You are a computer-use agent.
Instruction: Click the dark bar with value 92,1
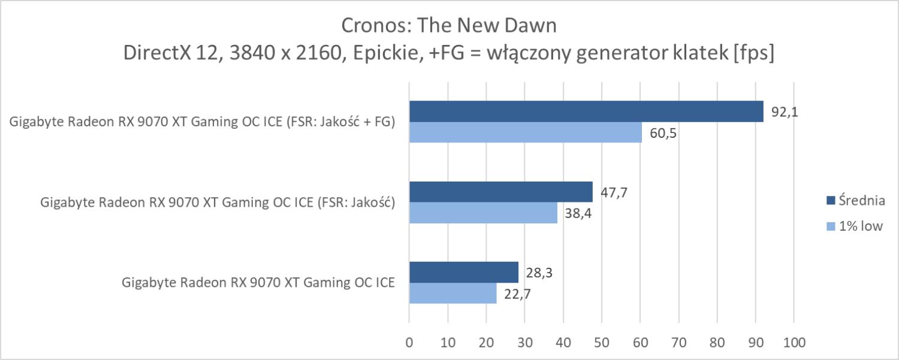click(586, 111)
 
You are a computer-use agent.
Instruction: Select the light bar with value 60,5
click(525, 132)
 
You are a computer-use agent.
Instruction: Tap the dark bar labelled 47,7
click(500, 192)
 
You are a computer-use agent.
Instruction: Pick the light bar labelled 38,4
click(483, 213)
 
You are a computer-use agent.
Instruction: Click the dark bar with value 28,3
click(463, 273)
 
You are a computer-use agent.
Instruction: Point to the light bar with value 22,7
click(452, 293)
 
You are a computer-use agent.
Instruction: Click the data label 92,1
click(782, 111)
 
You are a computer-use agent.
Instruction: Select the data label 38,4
click(576, 213)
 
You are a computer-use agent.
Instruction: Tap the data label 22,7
click(515, 294)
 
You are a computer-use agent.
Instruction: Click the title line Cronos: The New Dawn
click(449, 25)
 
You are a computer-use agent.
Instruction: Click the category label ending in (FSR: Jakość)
click(217, 202)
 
